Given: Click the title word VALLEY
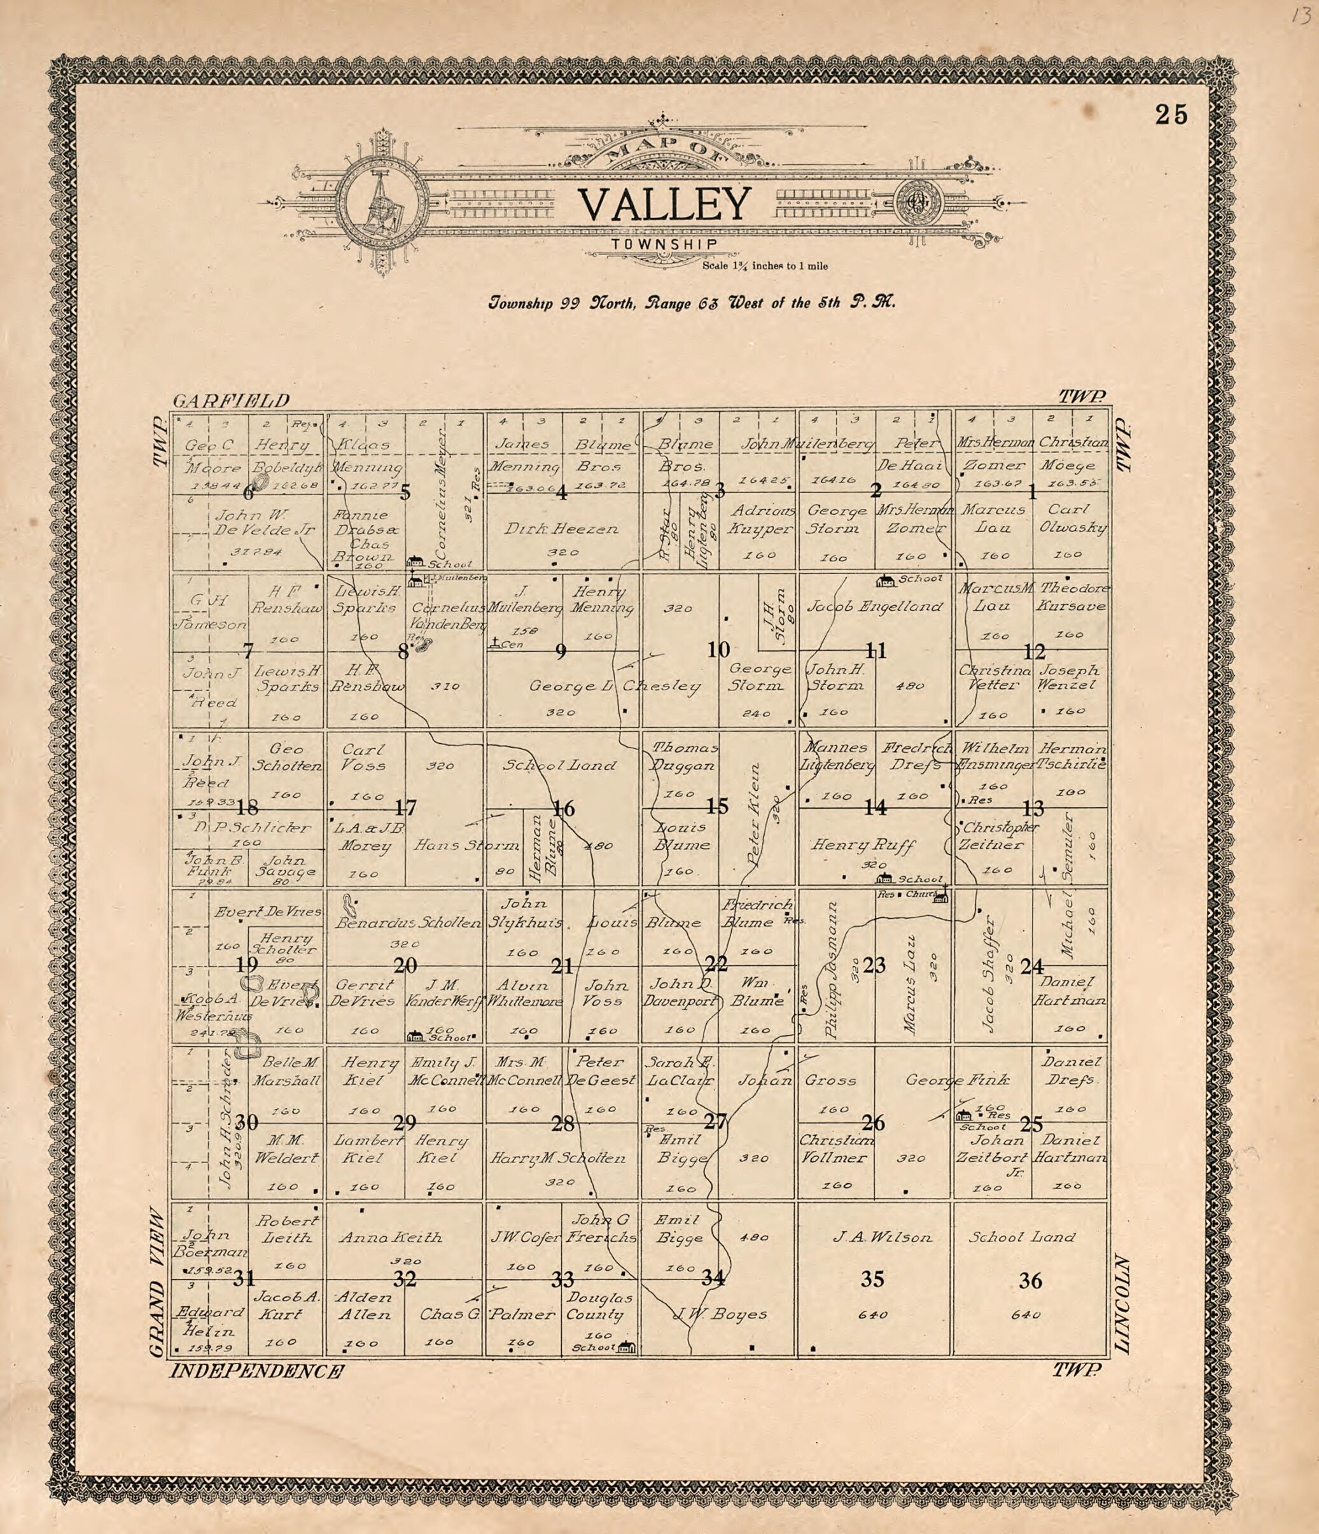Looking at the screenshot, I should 664,205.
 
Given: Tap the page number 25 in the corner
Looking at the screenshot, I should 1171,116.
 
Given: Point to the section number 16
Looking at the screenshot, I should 564,809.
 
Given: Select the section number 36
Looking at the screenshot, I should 1030,1280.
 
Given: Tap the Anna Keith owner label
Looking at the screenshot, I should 390,1237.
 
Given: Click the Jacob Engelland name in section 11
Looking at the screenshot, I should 874,606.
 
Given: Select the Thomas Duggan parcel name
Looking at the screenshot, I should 684,756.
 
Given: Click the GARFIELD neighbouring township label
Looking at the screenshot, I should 231,401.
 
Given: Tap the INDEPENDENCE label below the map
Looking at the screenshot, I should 256,1372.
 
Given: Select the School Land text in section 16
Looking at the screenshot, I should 559,765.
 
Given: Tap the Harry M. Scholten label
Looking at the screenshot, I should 557,1158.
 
